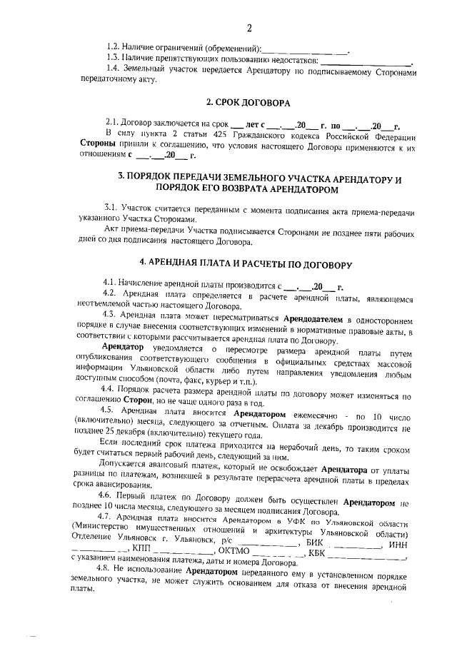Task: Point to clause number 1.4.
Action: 113,69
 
